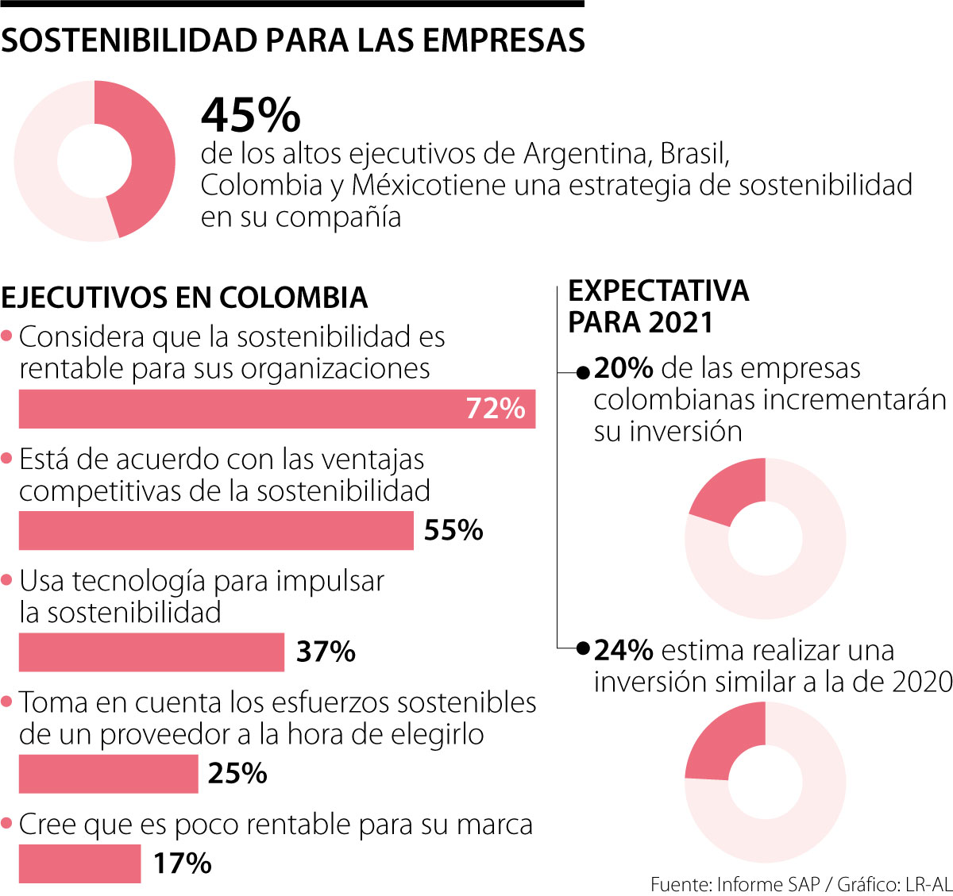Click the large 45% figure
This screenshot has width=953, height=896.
(251, 116)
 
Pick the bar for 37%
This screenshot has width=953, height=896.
(151, 652)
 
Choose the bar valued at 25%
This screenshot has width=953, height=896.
(108, 774)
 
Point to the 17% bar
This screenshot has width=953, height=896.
(79, 863)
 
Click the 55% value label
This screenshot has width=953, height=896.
(453, 530)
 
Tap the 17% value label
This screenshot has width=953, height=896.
(183, 863)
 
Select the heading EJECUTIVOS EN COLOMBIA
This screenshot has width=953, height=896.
(184, 298)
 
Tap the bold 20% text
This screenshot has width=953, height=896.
(623, 368)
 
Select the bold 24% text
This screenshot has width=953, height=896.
(623, 651)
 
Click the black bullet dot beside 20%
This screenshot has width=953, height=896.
(583, 371)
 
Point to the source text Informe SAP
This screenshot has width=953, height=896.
(768, 884)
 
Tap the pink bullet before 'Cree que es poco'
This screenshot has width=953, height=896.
(7, 824)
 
